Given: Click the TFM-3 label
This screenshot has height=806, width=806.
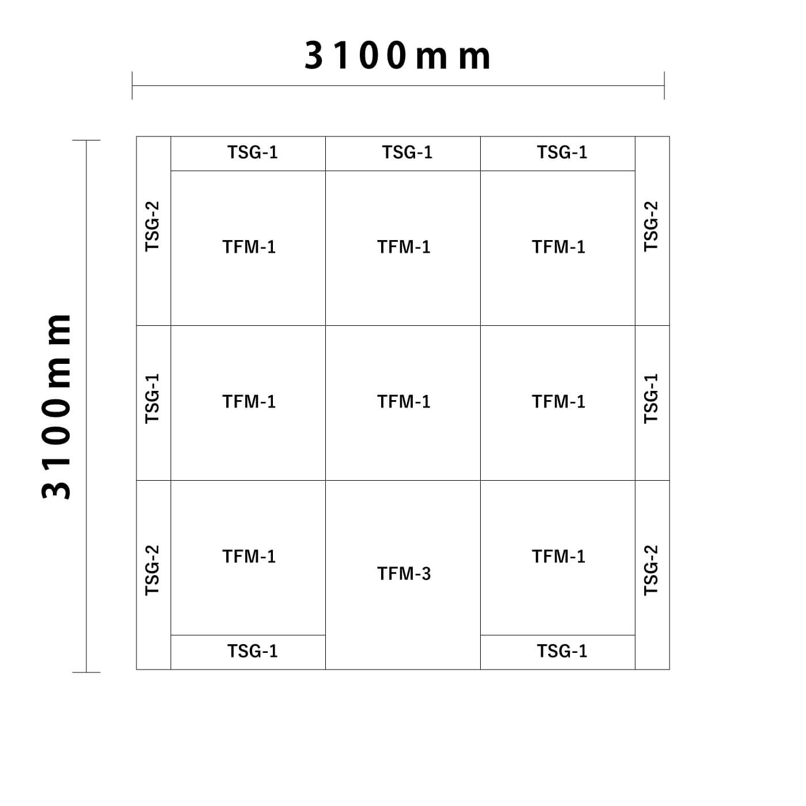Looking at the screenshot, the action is [x=404, y=573].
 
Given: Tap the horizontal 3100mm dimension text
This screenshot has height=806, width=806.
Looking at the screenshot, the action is [x=397, y=55].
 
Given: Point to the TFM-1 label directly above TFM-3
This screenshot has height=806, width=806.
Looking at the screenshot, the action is [x=404, y=401].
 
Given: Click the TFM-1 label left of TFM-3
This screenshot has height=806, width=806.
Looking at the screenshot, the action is [x=249, y=556].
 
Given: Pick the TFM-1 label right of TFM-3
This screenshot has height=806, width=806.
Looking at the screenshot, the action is [x=558, y=556].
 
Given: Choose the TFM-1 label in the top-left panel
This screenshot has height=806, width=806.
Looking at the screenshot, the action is [x=249, y=247].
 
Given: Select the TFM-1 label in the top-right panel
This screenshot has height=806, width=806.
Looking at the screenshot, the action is [x=558, y=247].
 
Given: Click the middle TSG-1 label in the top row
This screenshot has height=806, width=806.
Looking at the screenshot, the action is [x=408, y=152].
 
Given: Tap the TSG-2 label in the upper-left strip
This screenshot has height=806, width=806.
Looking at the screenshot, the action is [x=152, y=226].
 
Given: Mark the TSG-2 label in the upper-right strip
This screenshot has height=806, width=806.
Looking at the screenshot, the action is [x=651, y=226].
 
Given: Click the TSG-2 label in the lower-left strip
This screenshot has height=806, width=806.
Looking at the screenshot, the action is [x=152, y=570].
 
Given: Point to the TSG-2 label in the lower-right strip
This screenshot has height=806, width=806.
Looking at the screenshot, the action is [x=651, y=570].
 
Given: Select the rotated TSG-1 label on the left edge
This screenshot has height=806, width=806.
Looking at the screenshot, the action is [x=152, y=398].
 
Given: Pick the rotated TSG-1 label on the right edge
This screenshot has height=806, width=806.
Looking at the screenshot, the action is [x=651, y=398].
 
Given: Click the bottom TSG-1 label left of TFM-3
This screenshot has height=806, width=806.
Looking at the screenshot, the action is [x=253, y=651].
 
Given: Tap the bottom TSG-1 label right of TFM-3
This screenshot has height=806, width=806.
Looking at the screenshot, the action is [x=562, y=651].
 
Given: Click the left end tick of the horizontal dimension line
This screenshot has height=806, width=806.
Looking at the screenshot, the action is [x=132, y=86].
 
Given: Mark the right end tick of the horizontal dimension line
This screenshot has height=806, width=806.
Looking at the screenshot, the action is [x=664, y=86].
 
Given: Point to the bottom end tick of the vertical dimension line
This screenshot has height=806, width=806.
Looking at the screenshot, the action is [x=86, y=672].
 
